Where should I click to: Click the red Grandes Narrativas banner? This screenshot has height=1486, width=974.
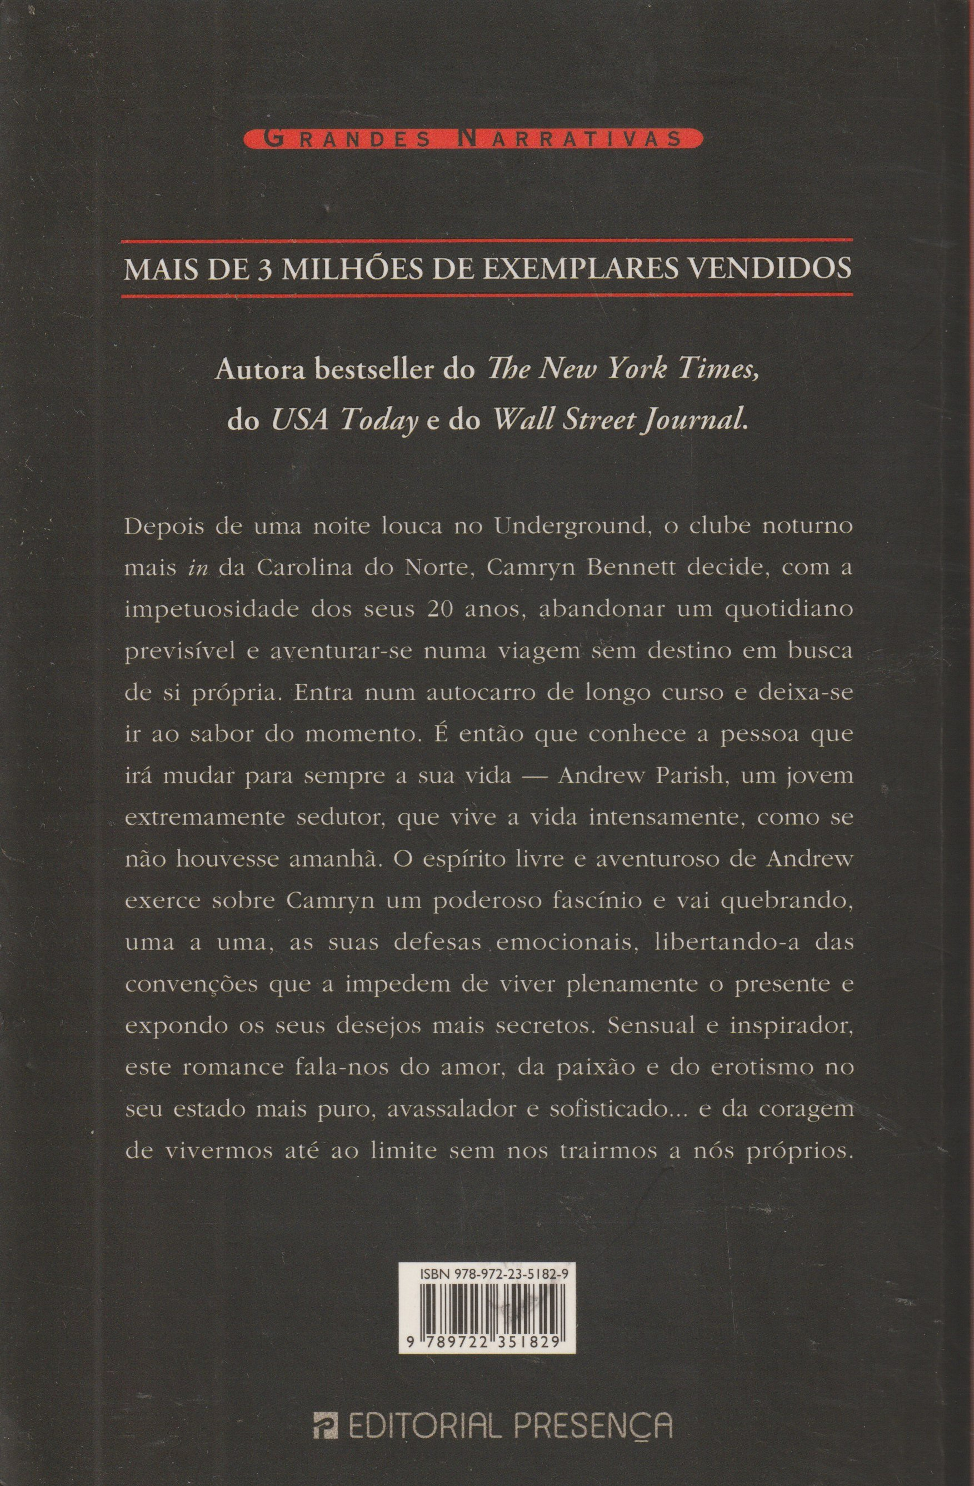coord(483,139)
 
